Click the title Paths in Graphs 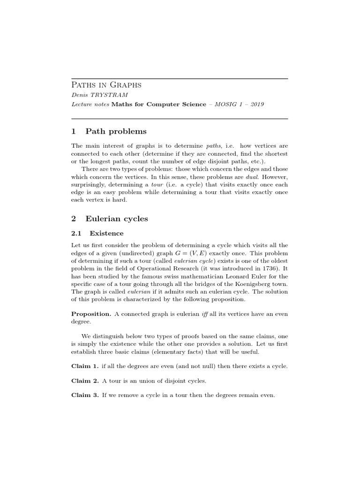click(x=106, y=85)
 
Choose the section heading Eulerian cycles click(x=117, y=218)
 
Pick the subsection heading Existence click(x=106, y=233)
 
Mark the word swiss click(x=155, y=277)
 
